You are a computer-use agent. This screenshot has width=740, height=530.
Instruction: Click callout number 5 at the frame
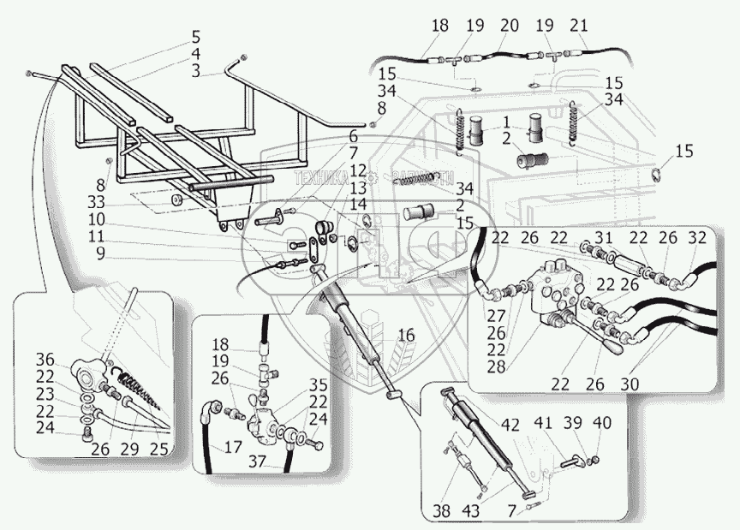(x=196, y=38)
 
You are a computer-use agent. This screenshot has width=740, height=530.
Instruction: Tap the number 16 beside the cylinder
(x=405, y=336)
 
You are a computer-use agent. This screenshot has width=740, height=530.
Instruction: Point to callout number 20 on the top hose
(x=509, y=26)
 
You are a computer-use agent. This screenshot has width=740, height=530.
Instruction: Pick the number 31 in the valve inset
(x=603, y=239)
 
